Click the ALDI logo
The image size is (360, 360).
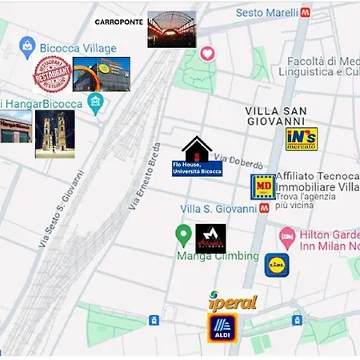222,328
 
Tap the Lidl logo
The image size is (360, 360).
277,265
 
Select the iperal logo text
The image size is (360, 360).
232,302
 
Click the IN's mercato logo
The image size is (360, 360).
302,139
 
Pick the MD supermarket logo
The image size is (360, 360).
263,187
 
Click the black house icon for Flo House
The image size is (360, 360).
197,150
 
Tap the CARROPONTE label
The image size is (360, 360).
120,22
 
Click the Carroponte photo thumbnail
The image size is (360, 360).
171,30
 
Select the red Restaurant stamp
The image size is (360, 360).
52,74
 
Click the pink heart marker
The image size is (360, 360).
208,54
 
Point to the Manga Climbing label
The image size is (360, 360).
218,256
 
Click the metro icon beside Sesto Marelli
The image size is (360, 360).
306,13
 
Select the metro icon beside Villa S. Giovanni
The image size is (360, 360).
264,208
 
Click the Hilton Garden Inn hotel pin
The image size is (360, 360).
287,237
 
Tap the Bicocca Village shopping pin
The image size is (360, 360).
27,47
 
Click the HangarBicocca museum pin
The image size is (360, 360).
97,102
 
